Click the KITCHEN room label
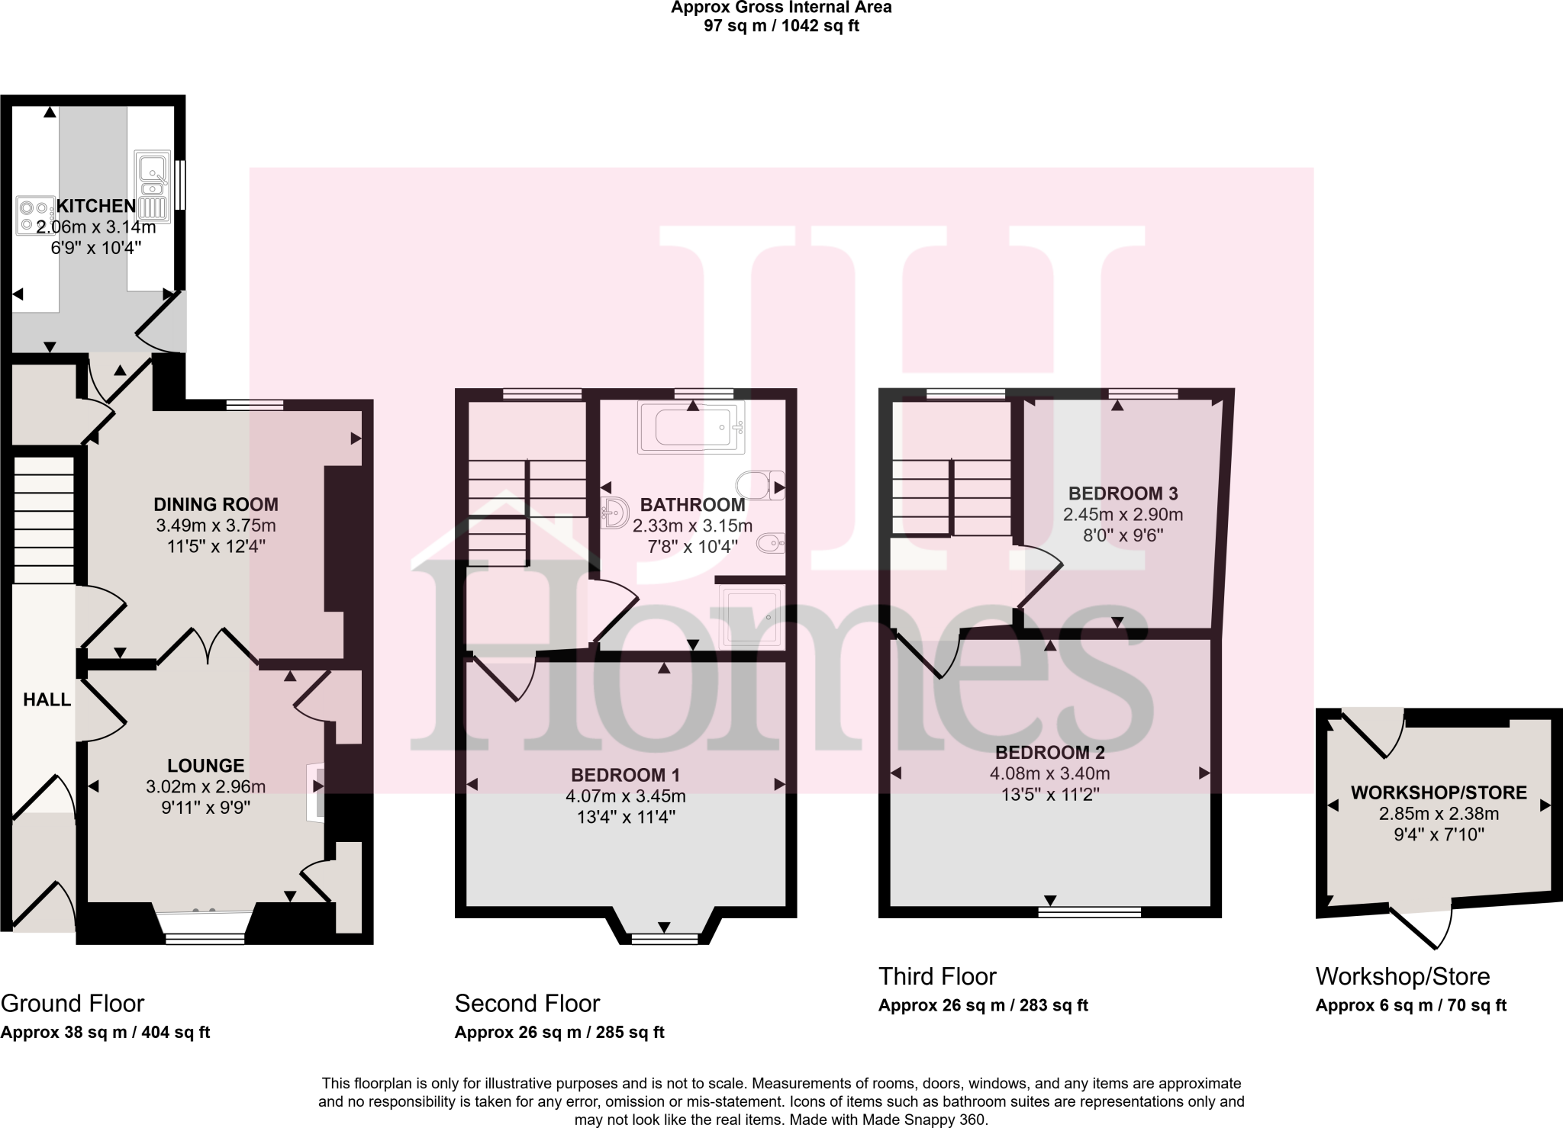click(x=96, y=206)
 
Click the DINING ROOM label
click(x=216, y=504)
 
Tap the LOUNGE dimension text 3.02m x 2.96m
click(x=206, y=786)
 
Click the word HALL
click(x=47, y=699)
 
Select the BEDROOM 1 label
click(x=625, y=775)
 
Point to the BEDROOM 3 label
click(x=1123, y=493)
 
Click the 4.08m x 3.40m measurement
click(x=1049, y=773)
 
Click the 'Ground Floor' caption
click(x=73, y=1003)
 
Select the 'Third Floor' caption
click(x=937, y=976)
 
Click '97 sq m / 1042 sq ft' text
click(x=781, y=26)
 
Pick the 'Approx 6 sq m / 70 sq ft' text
click(x=1410, y=1005)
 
